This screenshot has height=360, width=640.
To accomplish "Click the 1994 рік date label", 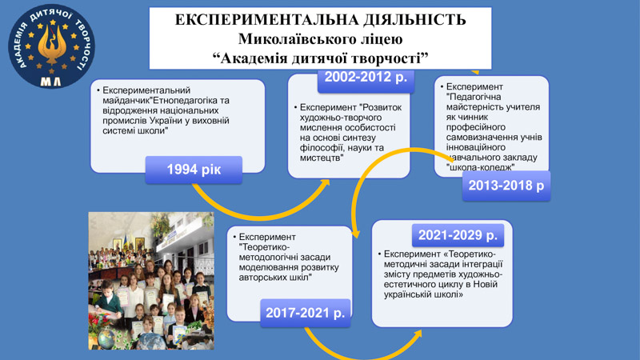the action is point(194,170).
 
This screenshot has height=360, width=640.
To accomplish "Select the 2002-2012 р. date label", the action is point(366,78).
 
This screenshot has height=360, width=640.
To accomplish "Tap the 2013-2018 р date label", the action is point(506,186).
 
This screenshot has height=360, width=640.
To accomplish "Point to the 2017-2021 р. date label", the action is point(306,313).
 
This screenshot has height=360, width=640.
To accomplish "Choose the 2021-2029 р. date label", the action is point(458,235).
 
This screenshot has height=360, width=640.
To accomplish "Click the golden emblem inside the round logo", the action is point(52,44).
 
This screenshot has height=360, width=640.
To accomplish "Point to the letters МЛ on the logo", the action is point(51,82).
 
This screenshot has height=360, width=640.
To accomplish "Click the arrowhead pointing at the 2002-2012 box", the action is point(325,185).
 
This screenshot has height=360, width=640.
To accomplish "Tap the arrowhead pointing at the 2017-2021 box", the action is point(356,234).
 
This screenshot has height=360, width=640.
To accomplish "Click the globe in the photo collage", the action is point(107,338).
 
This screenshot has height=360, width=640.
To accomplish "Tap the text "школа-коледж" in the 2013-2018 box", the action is point(481,167).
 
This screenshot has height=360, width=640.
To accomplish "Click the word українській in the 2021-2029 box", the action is point(407,294).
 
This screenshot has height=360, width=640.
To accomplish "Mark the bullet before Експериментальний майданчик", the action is point(98,90).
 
